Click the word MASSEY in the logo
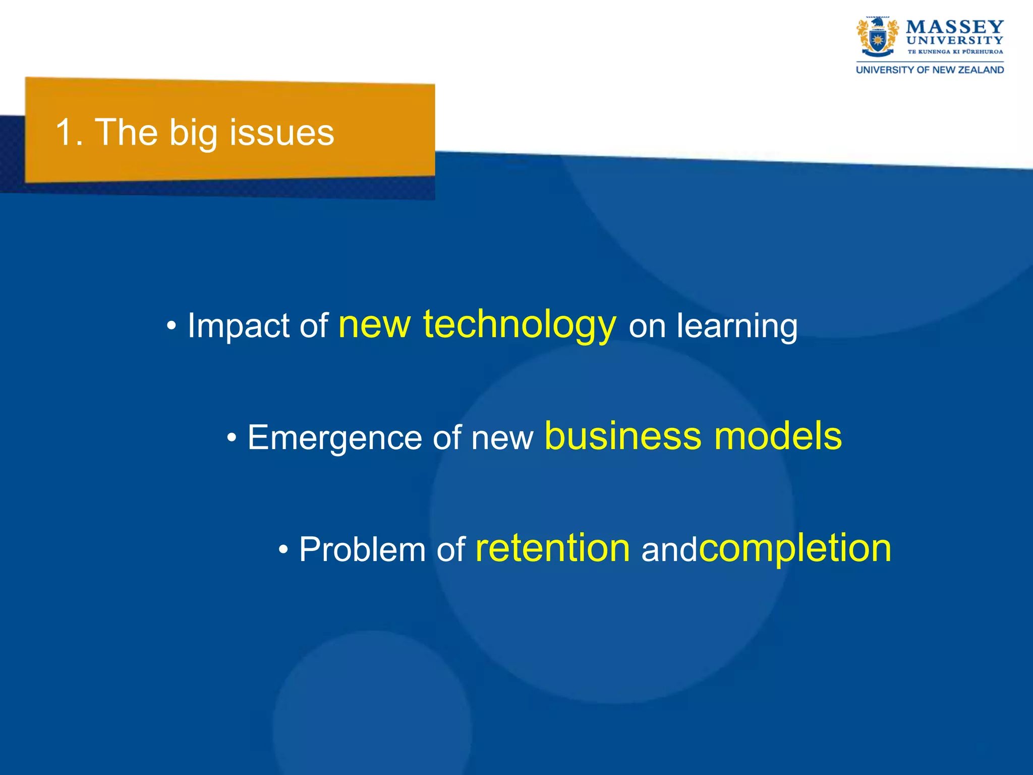[x=954, y=27]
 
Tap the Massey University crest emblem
[x=877, y=37]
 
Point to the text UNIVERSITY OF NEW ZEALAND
[x=930, y=70]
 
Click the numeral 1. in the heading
[x=69, y=132]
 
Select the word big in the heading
[x=193, y=133]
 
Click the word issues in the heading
[x=281, y=132]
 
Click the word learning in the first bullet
[x=737, y=326]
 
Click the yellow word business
[x=622, y=435]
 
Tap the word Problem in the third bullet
[x=362, y=549]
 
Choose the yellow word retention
[x=552, y=548]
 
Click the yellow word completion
[x=795, y=549]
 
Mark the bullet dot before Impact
[x=171, y=326]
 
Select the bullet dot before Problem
[x=283, y=549]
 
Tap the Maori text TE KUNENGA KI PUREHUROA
[x=955, y=51]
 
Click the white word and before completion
[x=668, y=550]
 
